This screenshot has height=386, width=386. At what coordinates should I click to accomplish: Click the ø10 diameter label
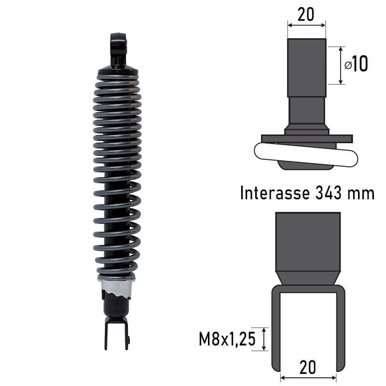357,64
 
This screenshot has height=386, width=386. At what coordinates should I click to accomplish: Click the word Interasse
273,193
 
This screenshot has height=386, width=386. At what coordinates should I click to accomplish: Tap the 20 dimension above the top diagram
306,14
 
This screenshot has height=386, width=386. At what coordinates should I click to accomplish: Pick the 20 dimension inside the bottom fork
307,368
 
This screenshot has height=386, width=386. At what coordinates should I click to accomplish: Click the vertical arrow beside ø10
342,66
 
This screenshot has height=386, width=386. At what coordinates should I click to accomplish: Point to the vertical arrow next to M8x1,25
264,339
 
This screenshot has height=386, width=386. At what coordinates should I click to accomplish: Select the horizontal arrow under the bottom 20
308,378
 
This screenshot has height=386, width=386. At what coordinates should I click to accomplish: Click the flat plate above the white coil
307,138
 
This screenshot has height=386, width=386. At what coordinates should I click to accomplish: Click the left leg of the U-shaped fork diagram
276,328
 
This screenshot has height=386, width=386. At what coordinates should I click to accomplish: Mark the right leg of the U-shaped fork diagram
340,328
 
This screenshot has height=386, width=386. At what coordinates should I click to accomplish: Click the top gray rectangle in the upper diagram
306,68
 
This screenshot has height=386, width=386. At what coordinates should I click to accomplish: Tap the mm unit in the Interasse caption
361,194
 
